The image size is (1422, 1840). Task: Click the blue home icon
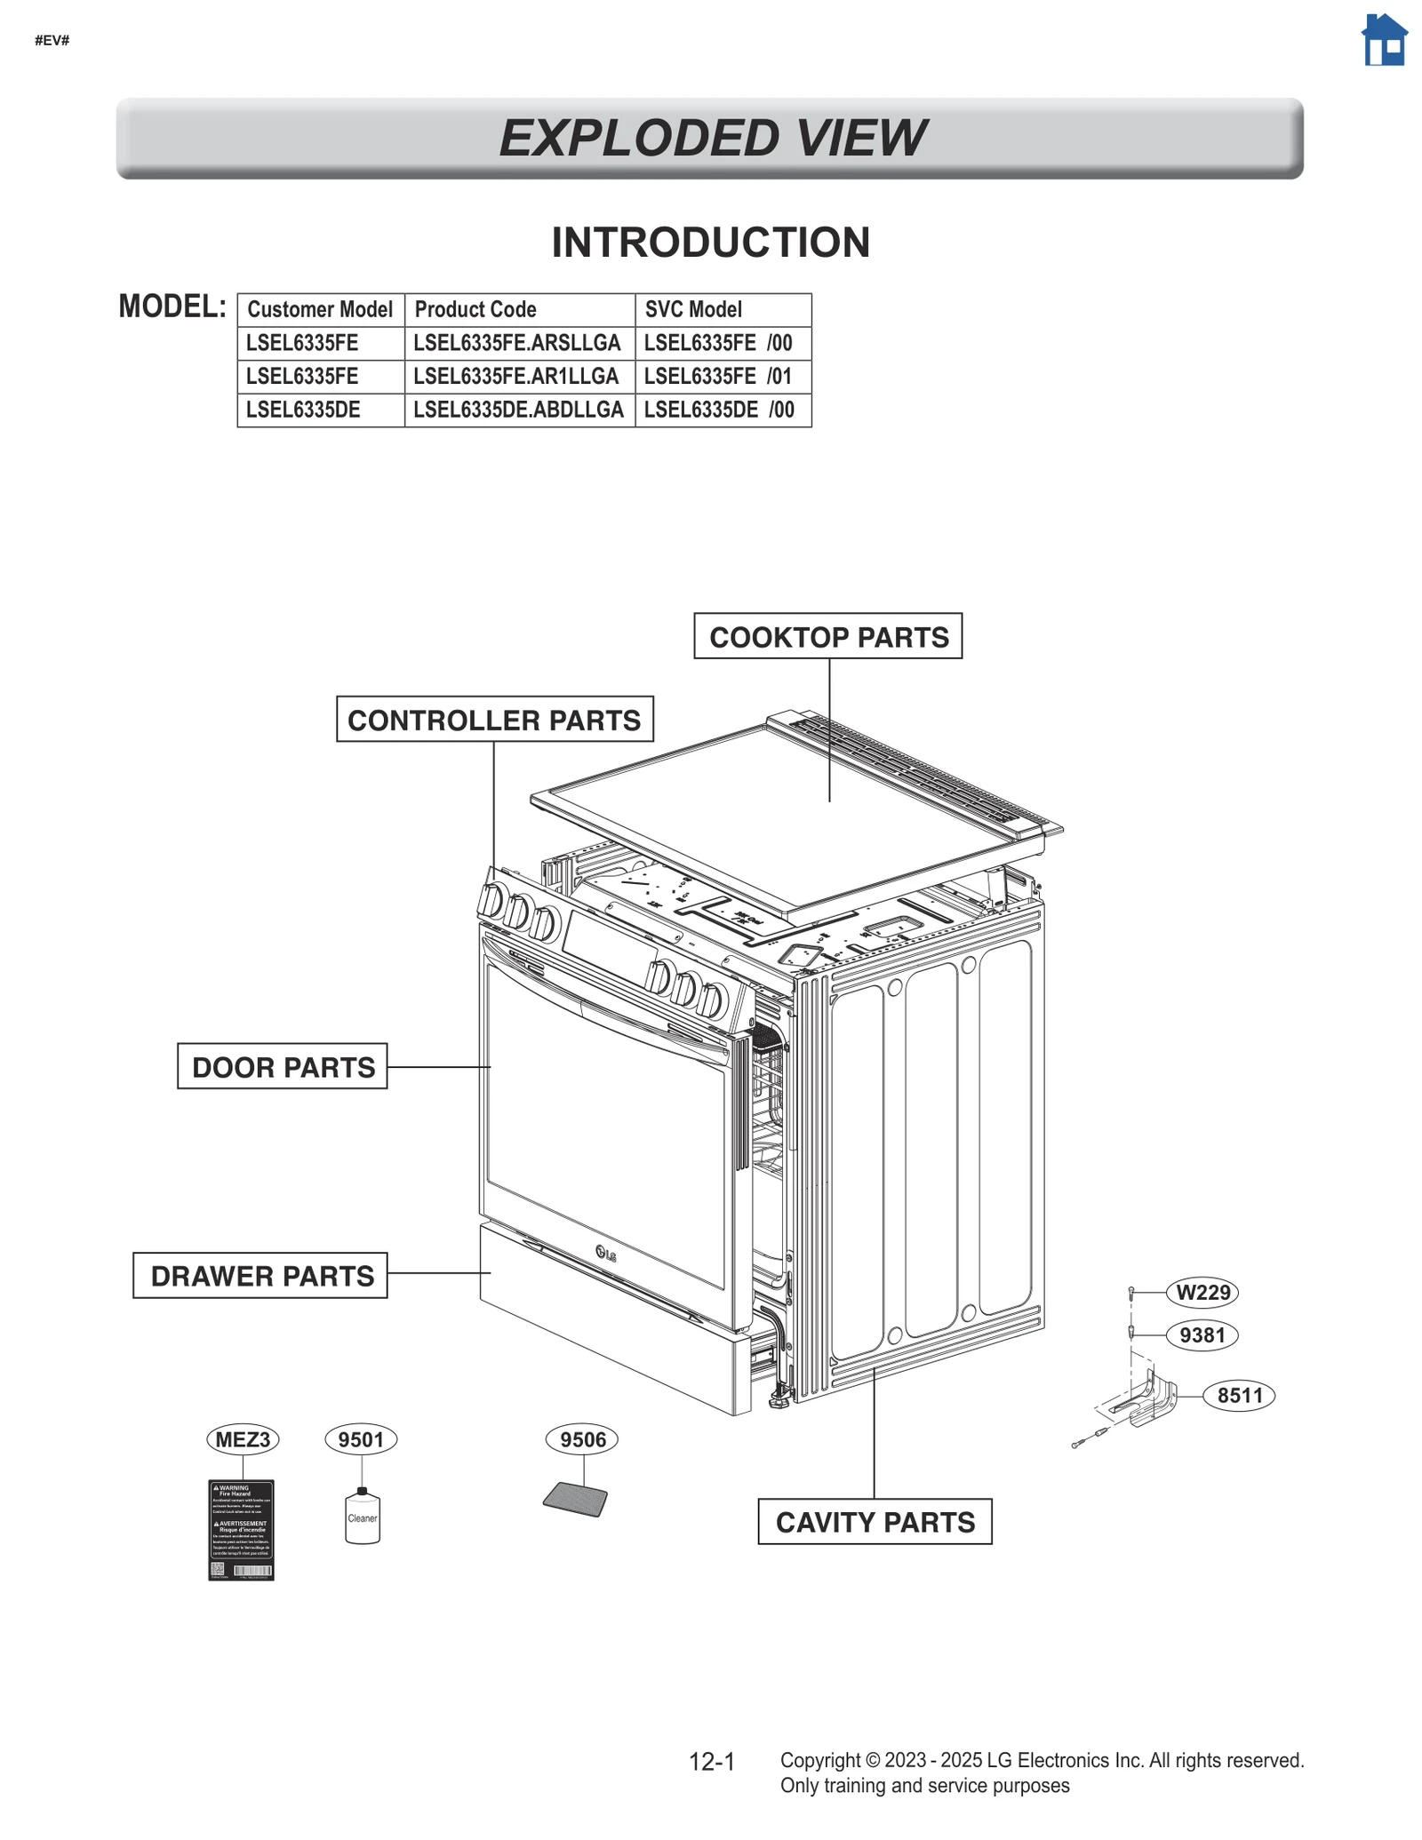1385,40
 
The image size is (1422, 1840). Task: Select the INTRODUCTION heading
710,243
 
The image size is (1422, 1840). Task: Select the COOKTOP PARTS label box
827,636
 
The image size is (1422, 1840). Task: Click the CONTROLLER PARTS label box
494,720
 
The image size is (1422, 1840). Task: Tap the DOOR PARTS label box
283,1066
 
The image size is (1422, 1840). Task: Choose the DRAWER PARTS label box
260,1275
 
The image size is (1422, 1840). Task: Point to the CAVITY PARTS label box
875,1522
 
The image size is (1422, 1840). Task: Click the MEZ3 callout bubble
243,1439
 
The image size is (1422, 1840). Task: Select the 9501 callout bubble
361,1439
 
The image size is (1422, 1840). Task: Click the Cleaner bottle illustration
362,1517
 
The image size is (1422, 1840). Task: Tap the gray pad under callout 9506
576,1500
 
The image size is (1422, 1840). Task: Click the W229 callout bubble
1202,1292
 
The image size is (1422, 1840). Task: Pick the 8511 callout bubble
1239,1396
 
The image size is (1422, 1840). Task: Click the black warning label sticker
241,1529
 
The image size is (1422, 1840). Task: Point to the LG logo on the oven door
606,1254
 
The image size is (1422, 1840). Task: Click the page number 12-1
712,1762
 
